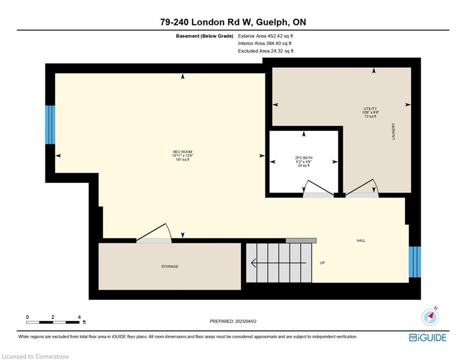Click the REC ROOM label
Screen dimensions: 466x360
183,152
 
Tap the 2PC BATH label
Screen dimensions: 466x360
303,157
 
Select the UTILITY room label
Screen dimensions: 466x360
370,109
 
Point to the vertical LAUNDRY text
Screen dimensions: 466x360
393,131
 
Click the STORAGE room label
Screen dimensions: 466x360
170,267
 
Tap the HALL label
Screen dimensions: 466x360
361,240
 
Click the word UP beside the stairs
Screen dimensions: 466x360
322,263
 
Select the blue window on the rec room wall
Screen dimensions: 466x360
50,125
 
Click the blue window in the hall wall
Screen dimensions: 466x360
415,262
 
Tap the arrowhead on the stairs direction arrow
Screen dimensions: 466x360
254,263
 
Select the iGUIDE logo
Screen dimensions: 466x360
428,337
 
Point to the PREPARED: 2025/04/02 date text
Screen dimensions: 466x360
233,321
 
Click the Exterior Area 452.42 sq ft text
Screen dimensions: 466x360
266,36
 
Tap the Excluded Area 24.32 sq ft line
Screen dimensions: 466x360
266,51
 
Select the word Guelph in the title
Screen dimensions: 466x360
272,22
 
